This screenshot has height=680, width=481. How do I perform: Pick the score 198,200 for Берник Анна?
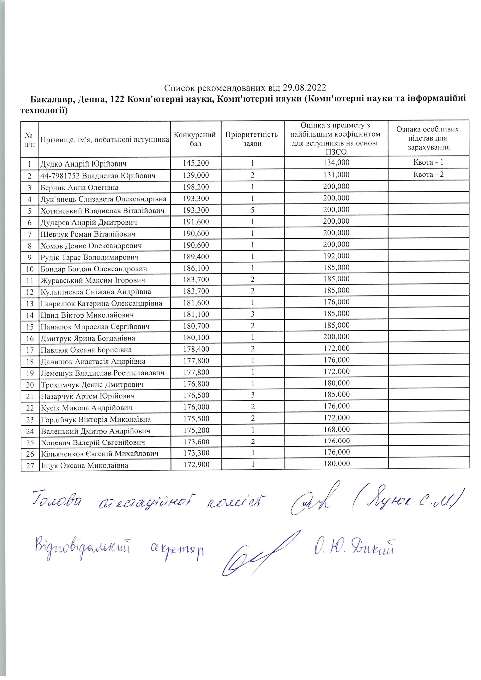point(196,187)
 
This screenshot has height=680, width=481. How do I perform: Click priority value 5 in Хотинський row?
point(252,210)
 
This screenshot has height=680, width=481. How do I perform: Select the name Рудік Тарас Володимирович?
point(90,257)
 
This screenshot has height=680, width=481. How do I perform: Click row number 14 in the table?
point(30,315)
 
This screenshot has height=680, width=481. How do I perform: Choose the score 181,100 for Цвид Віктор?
point(196,314)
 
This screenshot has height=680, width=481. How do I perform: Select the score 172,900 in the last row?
point(196,465)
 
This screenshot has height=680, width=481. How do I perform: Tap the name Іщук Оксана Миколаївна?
point(84,465)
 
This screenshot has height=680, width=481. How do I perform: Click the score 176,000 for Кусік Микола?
point(196,407)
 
